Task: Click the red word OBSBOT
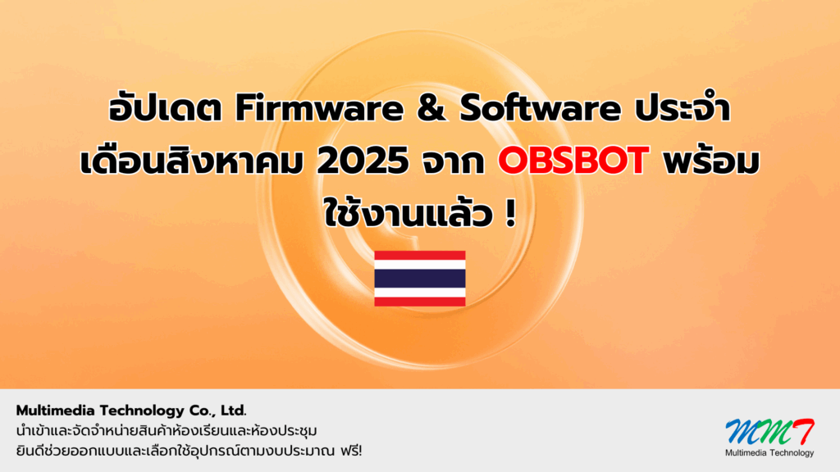(573, 161)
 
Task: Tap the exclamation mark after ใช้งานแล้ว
(510, 213)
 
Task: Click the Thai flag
(420, 279)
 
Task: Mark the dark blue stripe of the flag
(420, 279)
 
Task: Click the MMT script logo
(769, 432)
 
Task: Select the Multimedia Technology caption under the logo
(769, 452)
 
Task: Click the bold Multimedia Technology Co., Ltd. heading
(131, 411)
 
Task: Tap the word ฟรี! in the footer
(351, 451)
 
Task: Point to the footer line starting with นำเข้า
(167, 430)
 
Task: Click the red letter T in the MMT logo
(802, 431)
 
